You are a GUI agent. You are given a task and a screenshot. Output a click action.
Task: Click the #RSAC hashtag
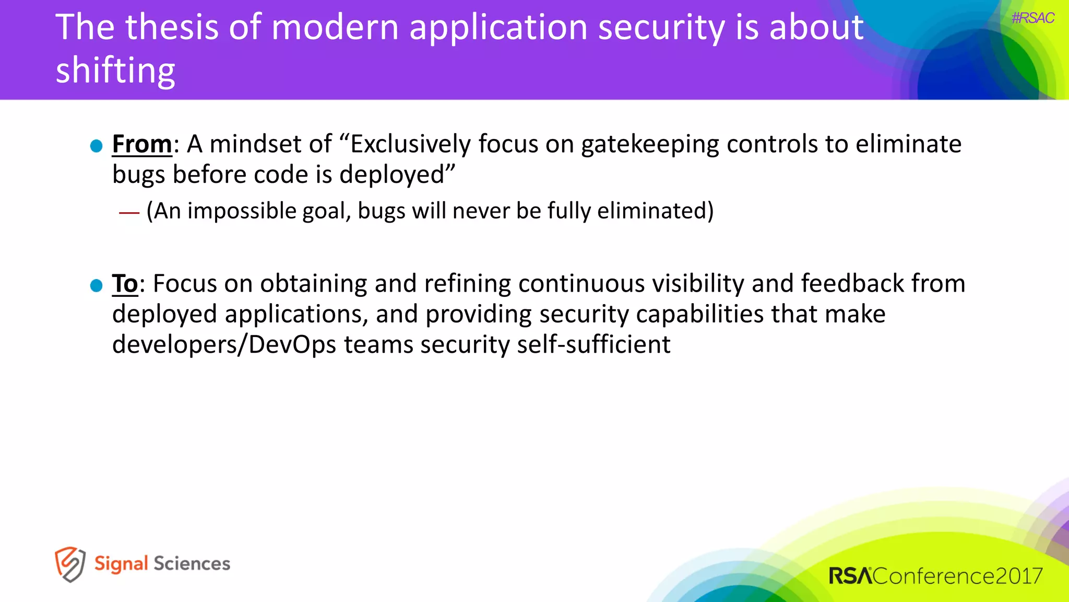pos(1032,18)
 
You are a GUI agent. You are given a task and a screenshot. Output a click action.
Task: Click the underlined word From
pos(142,144)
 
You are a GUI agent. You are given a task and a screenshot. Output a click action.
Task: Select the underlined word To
pos(125,284)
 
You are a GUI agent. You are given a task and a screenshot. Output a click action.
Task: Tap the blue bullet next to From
pos(96,146)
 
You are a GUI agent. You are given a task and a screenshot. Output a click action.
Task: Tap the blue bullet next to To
pos(96,285)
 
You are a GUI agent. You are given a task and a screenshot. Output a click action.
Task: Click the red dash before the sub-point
pos(129,212)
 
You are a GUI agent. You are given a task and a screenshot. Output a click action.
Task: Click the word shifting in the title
pos(115,71)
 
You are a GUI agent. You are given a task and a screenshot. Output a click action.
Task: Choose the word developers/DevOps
pos(224,345)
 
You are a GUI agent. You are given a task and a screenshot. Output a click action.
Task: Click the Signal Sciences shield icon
pos(70,564)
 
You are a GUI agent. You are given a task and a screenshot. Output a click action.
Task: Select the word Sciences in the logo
pos(192,564)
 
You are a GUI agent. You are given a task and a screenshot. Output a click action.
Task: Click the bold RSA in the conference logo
pos(850,576)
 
